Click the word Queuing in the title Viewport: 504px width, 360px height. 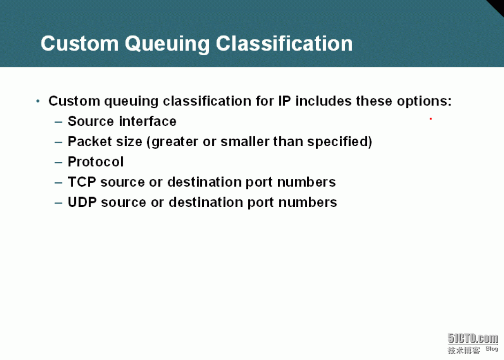pos(167,45)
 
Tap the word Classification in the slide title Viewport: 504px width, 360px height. pos(284,43)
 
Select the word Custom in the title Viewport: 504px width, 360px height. pos(80,44)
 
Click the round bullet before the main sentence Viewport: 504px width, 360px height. pos(38,101)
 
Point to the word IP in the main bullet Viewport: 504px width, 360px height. pos(284,101)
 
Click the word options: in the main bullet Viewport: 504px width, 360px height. pos(424,101)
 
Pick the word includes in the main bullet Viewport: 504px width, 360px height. pos(323,101)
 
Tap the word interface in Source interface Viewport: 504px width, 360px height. pos(147,121)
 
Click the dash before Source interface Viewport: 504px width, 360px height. pos(58,122)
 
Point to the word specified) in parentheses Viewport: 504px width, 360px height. pos(340,142)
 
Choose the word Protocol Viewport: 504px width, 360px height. pos(96,162)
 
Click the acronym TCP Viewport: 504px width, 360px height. pos(82,182)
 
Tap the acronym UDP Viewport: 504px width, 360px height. pos(83,202)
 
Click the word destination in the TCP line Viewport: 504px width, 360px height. pos(205,182)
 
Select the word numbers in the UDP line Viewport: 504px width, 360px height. pos(308,202)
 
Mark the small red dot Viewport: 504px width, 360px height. pos(430,119)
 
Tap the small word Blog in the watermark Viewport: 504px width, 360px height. pos(492,349)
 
